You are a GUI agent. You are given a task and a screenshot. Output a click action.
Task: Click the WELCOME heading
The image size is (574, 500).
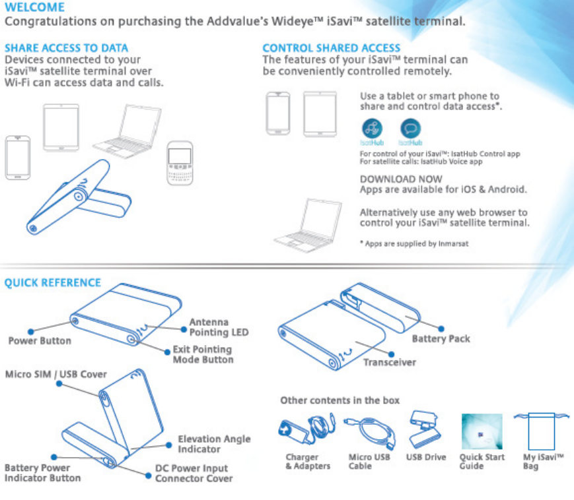click(34, 7)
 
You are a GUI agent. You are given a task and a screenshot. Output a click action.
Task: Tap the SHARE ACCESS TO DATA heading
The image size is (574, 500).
click(66, 48)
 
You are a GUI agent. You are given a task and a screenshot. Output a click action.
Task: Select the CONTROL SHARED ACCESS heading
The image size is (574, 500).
click(331, 48)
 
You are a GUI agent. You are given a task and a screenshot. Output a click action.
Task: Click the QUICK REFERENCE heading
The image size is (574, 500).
click(53, 283)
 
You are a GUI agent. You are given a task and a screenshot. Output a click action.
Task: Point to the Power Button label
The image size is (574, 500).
click(39, 341)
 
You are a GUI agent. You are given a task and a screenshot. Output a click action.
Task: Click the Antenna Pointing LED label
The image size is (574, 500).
click(219, 327)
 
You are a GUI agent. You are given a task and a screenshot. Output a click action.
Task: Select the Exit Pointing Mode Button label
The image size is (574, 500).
click(203, 354)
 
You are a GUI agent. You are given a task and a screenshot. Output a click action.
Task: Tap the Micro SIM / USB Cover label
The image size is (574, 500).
click(56, 374)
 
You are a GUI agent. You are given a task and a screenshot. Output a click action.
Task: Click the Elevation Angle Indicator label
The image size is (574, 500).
click(214, 444)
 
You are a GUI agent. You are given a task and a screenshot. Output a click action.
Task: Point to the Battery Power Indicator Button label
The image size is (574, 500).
click(43, 473)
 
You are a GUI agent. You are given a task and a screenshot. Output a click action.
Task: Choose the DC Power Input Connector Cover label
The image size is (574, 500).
click(194, 473)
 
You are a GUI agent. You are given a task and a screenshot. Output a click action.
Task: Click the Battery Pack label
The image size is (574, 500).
click(441, 338)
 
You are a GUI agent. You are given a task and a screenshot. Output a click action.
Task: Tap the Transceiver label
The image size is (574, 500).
click(390, 362)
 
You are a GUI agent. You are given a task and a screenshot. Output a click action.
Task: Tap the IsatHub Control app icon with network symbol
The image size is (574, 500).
click(373, 128)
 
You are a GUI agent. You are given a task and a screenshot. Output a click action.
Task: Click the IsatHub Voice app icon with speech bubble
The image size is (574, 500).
click(410, 128)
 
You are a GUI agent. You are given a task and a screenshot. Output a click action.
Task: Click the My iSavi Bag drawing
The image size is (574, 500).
click(540, 432)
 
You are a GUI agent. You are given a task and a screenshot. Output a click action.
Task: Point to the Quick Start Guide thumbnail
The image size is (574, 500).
click(482, 432)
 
